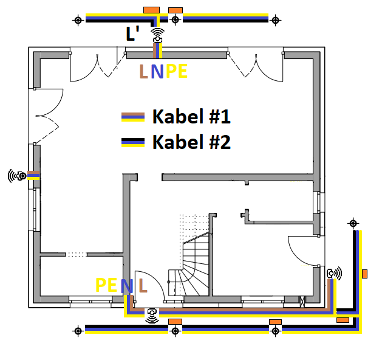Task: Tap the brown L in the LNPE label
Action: pyautogui.click(x=143, y=72)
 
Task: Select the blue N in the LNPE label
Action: pyautogui.click(x=157, y=72)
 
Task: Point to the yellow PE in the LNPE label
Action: pyautogui.click(x=176, y=72)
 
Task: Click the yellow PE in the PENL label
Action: pyautogui.click(x=106, y=285)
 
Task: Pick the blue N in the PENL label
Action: pyautogui.click(x=126, y=285)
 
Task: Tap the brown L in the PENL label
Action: pyautogui.click(x=143, y=285)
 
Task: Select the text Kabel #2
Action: pyautogui.click(x=191, y=142)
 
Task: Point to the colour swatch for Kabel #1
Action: pyautogui.click(x=133, y=116)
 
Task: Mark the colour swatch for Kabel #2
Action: pyautogui.click(x=133, y=143)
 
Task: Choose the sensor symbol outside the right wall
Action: pyautogui.click(x=334, y=274)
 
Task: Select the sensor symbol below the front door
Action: pyautogui.click(x=152, y=314)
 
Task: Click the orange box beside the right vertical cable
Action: pyautogui.click(x=364, y=274)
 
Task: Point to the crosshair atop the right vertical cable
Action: pyautogui.click(x=352, y=224)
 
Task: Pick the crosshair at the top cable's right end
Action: pyautogui.click(x=276, y=20)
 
